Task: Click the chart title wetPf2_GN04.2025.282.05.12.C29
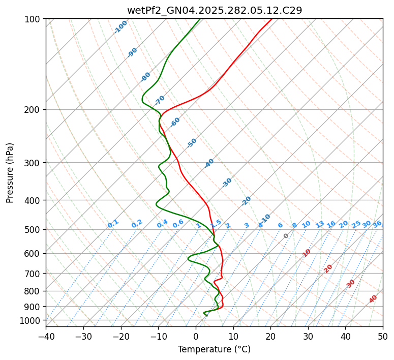click(x=214, y=10)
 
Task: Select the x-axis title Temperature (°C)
click(x=214, y=349)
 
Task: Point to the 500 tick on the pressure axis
click(x=33, y=229)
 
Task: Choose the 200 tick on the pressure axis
click(x=33, y=109)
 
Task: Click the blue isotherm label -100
click(x=120, y=26)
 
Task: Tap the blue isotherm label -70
click(x=160, y=100)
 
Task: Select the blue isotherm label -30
click(x=227, y=182)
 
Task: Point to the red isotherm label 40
click(x=373, y=299)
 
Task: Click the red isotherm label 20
click(x=328, y=268)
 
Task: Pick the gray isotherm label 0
click(x=286, y=236)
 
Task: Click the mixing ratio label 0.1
click(x=113, y=223)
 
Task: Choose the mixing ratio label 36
click(x=377, y=224)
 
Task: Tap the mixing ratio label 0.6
click(x=178, y=224)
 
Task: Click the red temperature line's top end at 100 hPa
click(x=271, y=19)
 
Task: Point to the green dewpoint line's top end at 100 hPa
click(x=200, y=19)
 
